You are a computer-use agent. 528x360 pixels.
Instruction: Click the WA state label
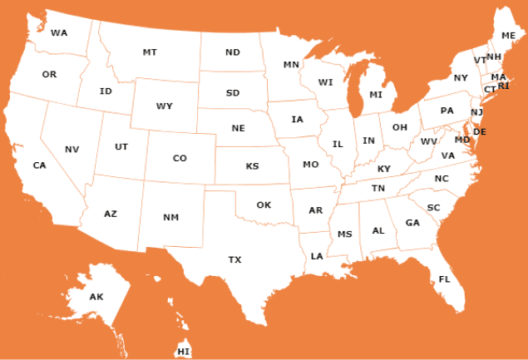[x=59, y=33]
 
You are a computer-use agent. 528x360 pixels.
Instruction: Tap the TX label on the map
[x=235, y=260]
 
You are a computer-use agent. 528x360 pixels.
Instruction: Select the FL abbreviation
[x=444, y=279]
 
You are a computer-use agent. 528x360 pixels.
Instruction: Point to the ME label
[x=509, y=35]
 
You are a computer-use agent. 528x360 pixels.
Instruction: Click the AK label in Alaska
[x=96, y=297]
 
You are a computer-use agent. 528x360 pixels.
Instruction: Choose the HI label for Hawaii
[x=184, y=352]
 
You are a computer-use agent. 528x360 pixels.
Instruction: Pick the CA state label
[x=39, y=165]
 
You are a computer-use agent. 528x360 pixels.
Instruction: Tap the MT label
[x=150, y=52]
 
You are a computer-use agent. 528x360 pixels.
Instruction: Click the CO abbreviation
[x=180, y=158]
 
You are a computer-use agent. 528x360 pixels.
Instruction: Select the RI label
[x=503, y=86]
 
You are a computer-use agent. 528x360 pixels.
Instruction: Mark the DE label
[x=480, y=131]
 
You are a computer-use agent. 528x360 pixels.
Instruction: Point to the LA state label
[x=317, y=256]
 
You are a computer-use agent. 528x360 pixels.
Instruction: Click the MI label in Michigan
[x=376, y=95]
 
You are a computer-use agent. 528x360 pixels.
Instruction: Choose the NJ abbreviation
[x=476, y=112]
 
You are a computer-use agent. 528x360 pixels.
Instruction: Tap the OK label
[x=264, y=205]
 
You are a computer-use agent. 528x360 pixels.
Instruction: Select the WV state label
[x=429, y=141]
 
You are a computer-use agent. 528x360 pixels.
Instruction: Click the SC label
[x=434, y=207]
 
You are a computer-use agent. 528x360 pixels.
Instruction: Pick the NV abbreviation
[x=72, y=150]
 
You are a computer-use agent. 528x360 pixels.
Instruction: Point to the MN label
[x=291, y=64]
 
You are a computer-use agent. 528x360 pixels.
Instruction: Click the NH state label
[x=494, y=57]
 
